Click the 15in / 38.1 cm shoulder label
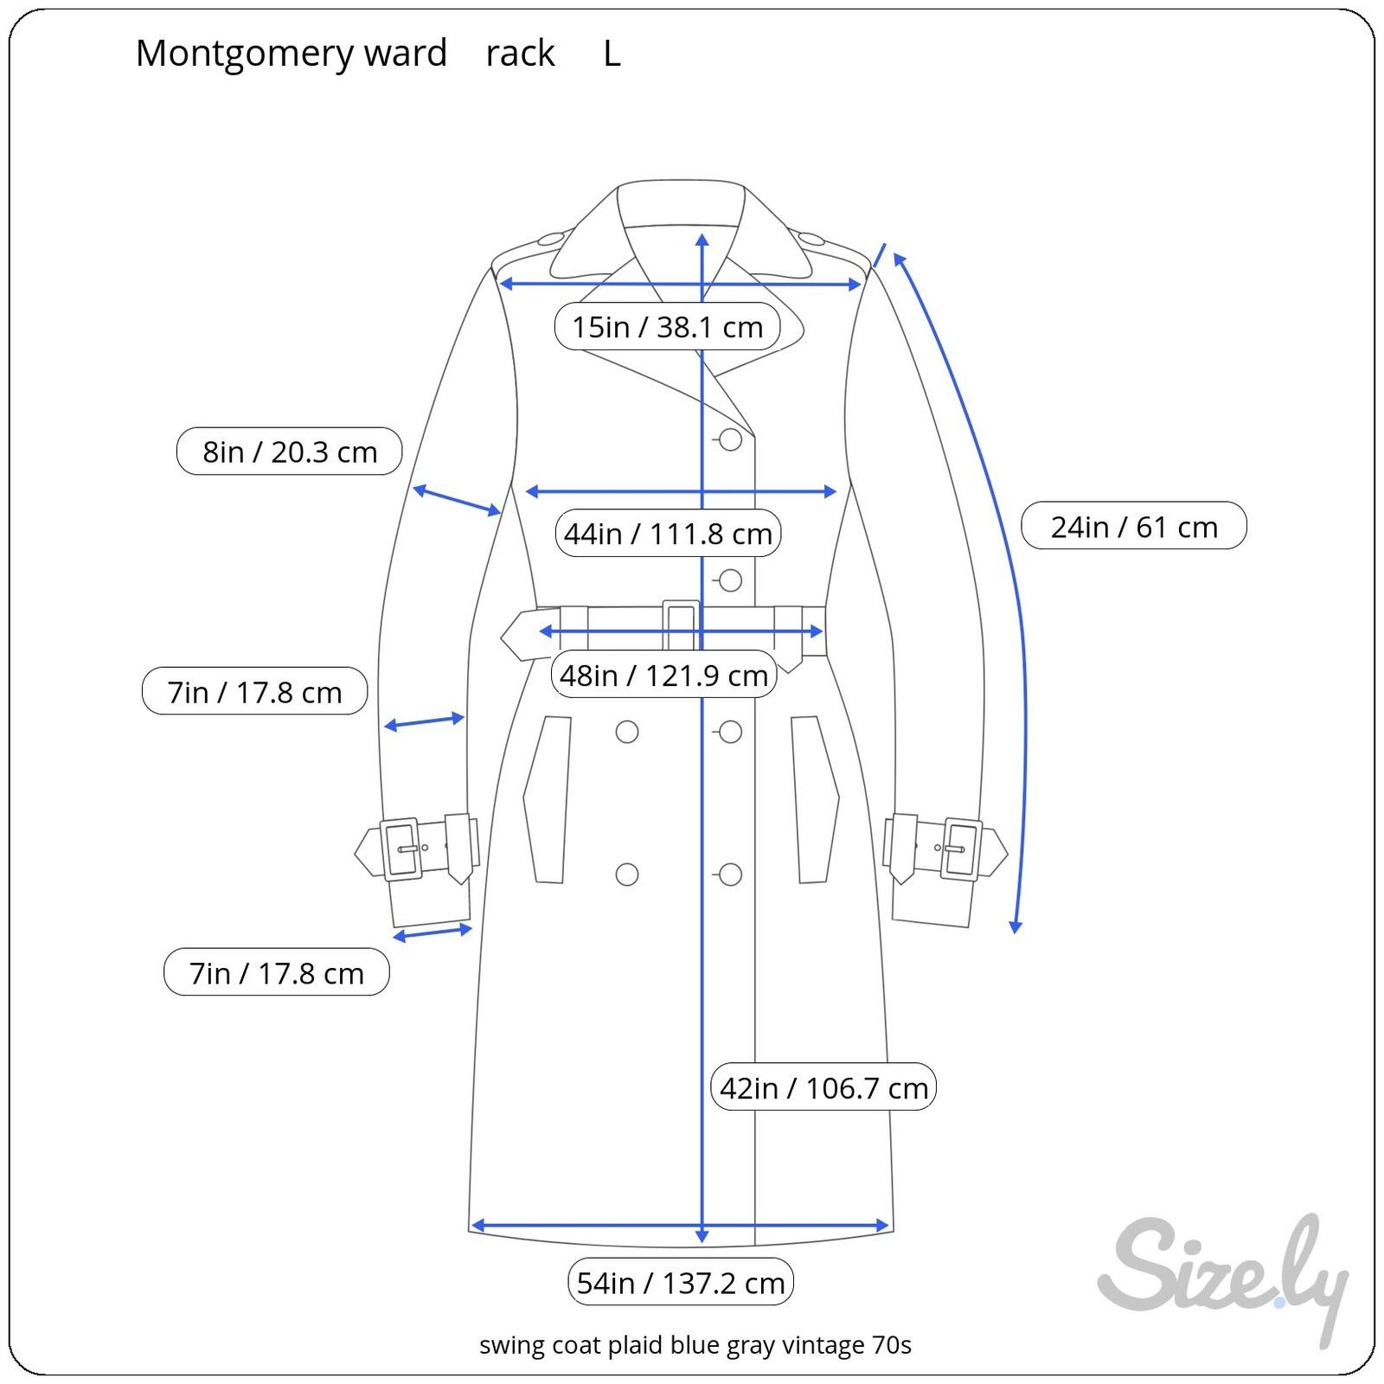pyautogui.click(x=667, y=326)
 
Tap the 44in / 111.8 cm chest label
pyautogui.click(x=667, y=533)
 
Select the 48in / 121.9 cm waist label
pyautogui.click(x=663, y=674)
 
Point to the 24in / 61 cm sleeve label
pyautogui.click(x=1134, y=526)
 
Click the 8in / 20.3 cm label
pyautogui.click(x=290, y=451)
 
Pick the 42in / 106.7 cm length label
pyautogui.click(x=823, y=1086)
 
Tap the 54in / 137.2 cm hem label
pyautogui.click(x=680, y=1282)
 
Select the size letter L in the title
pyautogui.click(x=612, y=54)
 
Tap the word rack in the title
pyautogui.click(x=520, y=54)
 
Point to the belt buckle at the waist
pyautogui.click(x=681, y=625)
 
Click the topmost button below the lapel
pyautogui.click(x=730, y=439)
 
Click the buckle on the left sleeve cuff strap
pyautogui.click(x=401, y=849)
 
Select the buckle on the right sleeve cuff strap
pyautogui.click(x=960, y=849)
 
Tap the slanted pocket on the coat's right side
pyautogui.click(x=814, y=799)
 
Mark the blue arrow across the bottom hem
pyautogui.click(x=680, y=1225)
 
